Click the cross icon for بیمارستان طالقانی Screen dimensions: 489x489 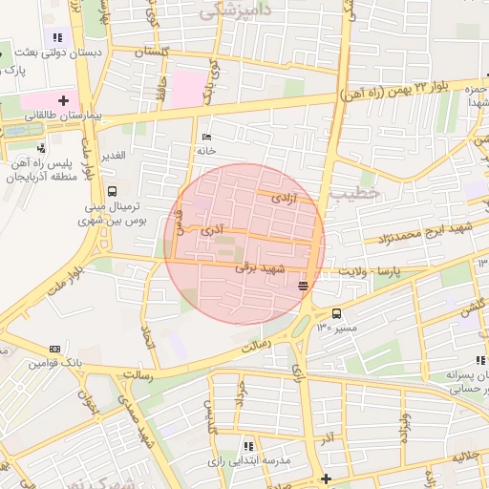(x=64, y=98)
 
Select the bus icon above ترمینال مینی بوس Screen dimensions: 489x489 (x=114, y=190)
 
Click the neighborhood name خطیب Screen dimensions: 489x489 (x=356, y=194)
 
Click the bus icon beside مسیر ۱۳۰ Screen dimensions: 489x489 (x=336, y=313)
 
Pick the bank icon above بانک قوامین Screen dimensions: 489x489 (x=54, y=349)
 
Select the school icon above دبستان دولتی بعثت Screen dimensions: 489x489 (x=58, y=37)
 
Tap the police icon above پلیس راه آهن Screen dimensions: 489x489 (x=41, y=148)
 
